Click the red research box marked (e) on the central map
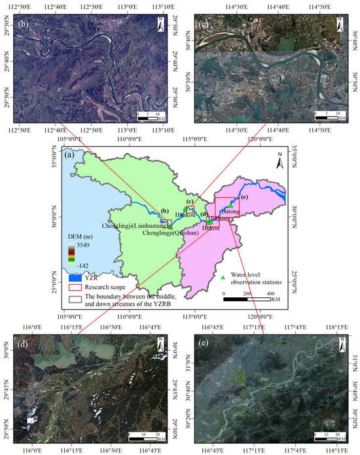(x=227, y=204)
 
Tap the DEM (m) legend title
(x=81, y=236)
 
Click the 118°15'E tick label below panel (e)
(x=335, y=450)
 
